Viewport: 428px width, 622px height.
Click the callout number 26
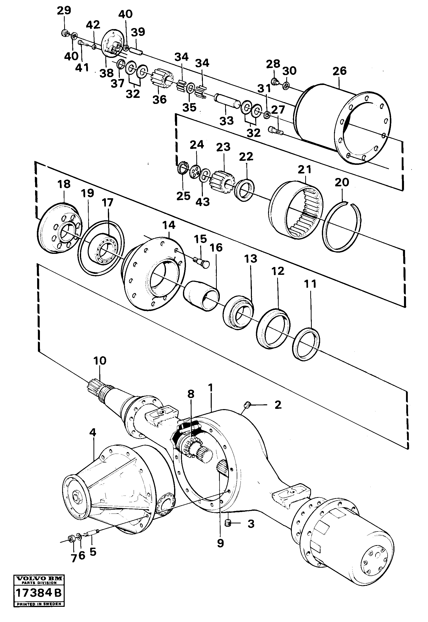(x=340, y=71)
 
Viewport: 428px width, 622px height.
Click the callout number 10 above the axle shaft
(x=100, y=361)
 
